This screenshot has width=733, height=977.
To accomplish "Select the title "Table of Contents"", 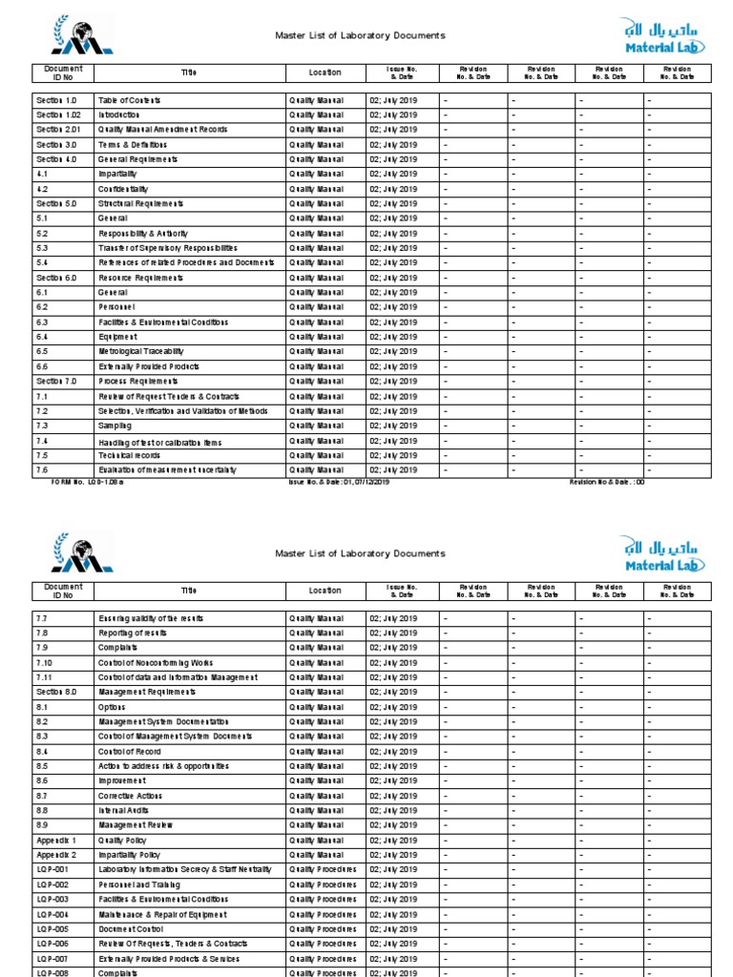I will click(x=129, y=100).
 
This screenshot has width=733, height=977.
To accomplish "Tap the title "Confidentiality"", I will click(x=123, y=189).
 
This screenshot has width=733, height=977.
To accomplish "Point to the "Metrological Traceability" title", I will click(x=140, y=352).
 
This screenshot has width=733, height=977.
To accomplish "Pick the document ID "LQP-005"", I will click(x=52, y=929).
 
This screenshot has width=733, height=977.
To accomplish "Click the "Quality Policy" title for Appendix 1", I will click(x=124, y=841).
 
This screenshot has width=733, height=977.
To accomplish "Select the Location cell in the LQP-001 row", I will click(x=323, y=870).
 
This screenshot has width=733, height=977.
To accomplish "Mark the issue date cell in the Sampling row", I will click(x=393, y=426).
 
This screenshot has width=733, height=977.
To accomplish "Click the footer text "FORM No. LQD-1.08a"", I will click(x=87, y=483).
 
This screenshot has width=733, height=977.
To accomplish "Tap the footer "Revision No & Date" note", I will click(x=607, y=483).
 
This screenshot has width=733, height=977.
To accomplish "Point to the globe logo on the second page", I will click(x=81, y=554).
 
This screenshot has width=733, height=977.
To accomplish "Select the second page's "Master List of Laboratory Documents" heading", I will click(x=360, y=553).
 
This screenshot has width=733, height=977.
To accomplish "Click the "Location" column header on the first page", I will click(x=325, y=73).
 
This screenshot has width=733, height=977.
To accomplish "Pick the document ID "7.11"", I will click(x=45, y=677).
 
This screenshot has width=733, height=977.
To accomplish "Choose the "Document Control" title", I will click(x=131, y=929).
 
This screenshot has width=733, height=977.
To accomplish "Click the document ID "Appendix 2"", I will click(x=56, y=855).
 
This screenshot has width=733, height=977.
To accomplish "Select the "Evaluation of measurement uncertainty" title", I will click(x=167, y=470).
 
